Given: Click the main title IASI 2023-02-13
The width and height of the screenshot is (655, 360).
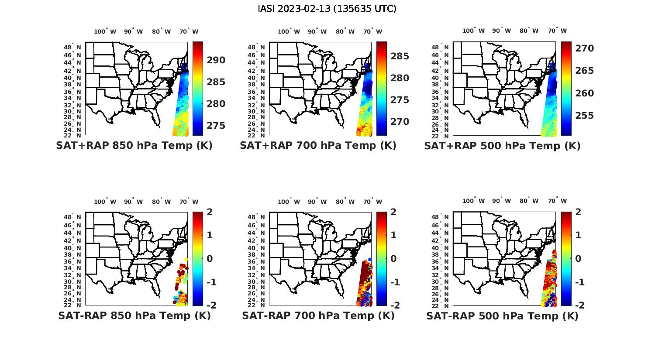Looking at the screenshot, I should [x=327, y=9].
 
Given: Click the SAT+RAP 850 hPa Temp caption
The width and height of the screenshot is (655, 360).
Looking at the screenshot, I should [x=134, y=145].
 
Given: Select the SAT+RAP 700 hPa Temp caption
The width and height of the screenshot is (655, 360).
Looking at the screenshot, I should [x=318, y=145].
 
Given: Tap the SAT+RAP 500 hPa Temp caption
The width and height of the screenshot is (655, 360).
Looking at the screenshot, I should [x=502, y=146].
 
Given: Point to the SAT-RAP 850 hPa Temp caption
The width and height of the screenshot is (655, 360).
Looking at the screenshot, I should [x=134, y=315].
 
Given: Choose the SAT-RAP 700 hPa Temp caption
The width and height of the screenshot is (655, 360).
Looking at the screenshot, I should [x=318, y=315].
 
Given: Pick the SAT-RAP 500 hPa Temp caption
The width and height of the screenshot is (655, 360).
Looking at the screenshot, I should [x=502, y=316].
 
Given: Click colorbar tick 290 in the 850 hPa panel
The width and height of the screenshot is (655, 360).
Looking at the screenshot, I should [x=217, y=60].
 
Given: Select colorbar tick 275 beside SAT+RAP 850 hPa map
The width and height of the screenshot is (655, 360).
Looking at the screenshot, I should [x=217, y=126].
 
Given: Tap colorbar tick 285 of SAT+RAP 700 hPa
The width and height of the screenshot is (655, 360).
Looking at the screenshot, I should [x=400, y=56].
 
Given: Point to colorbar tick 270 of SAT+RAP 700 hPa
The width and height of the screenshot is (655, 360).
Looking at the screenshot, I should [x=400, y=122].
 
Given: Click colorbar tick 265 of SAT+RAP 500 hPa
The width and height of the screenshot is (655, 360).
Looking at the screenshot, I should [x=585, y=71].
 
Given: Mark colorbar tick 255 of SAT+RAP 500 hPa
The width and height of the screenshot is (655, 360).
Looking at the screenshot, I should [x=585, y=116].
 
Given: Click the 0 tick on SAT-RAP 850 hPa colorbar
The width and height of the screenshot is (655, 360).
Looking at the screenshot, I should [x=210, y=258].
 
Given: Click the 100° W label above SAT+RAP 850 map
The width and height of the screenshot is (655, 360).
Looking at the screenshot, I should [x=105, y=31].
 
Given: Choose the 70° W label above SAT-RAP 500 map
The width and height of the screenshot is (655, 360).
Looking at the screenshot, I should [x=557, y=201].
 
